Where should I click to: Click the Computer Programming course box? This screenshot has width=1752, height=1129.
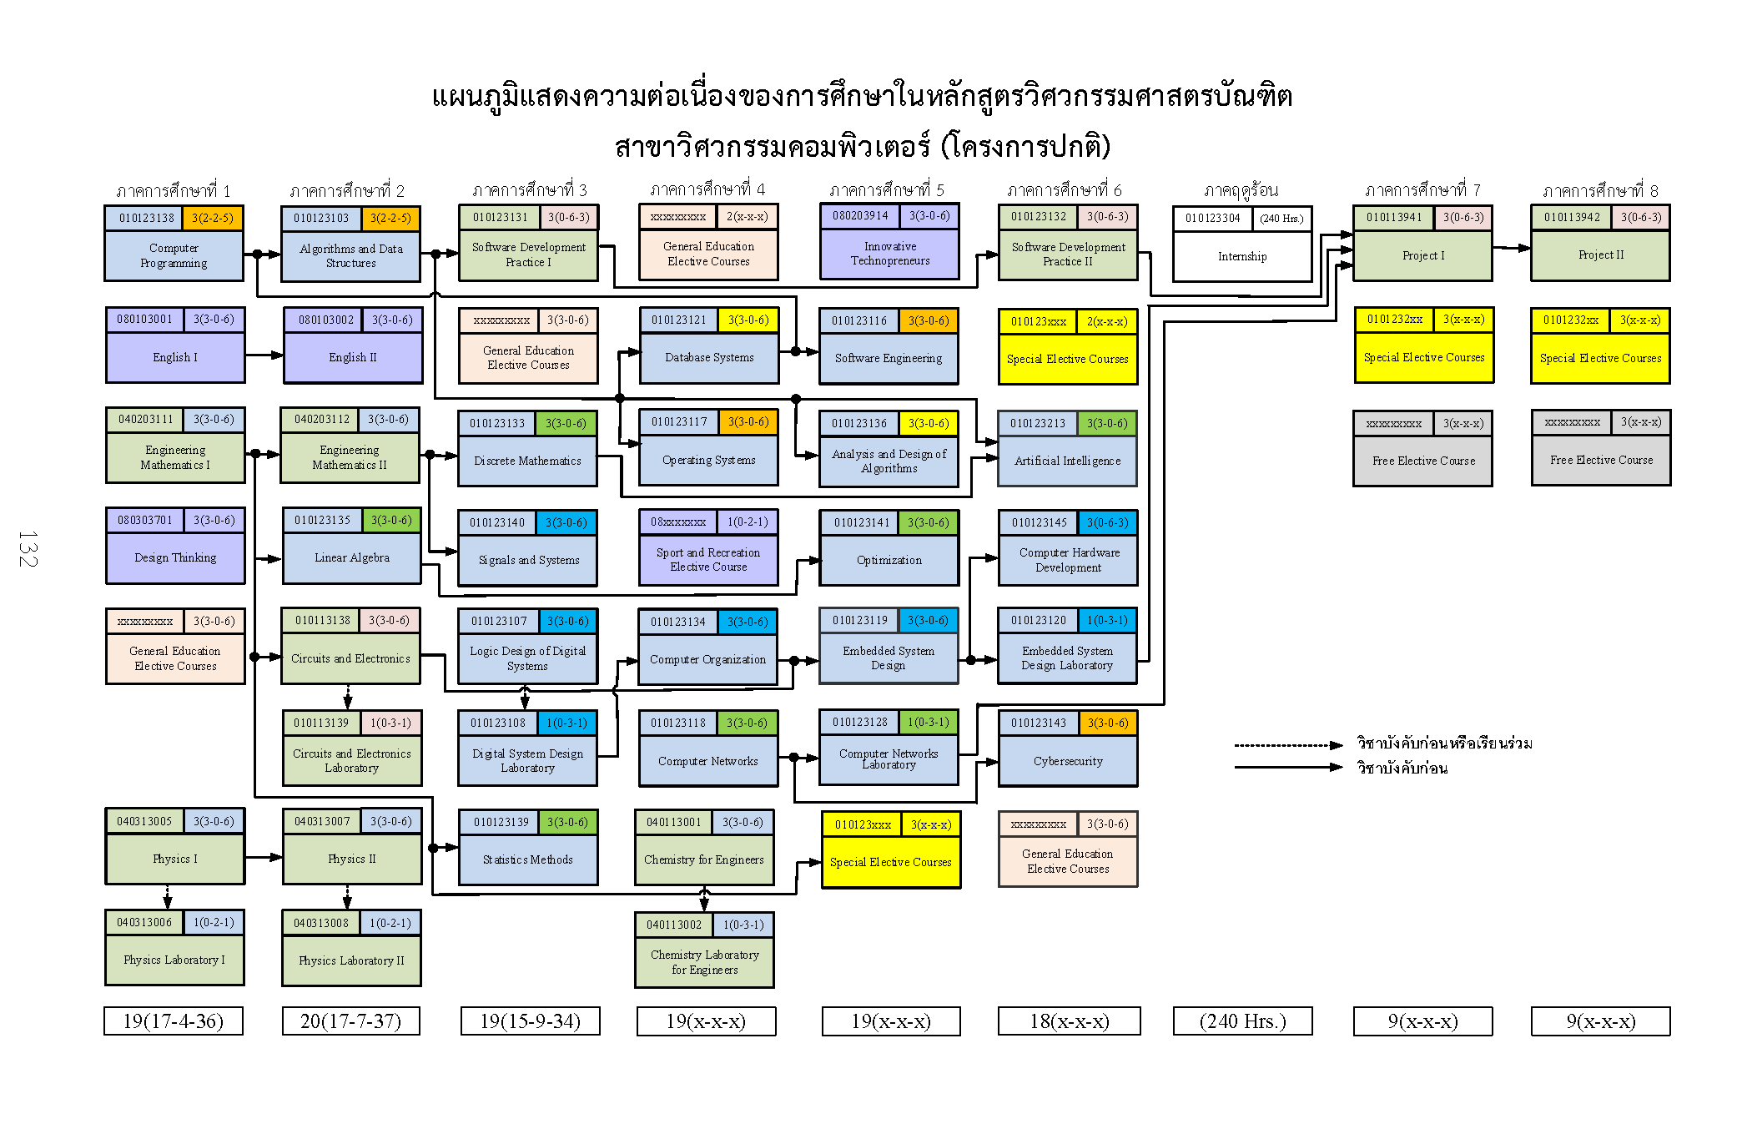(174, 255)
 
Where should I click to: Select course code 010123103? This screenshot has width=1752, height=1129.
(321, 218)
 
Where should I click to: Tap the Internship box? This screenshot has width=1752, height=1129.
(1241, 256)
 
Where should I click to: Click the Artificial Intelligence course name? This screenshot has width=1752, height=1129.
(1067, 461)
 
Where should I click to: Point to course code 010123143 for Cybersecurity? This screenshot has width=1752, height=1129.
(1038, 723)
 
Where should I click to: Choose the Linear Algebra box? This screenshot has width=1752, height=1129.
(351, 557)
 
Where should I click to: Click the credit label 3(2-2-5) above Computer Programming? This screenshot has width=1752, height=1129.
(212, 218)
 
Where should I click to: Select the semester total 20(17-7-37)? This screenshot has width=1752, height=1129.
(350, 1021)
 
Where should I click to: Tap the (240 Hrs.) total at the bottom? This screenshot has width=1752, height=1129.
(1242, 1021)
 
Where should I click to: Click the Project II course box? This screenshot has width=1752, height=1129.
(1600, 255)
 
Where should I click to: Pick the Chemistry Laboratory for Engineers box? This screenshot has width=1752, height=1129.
(704, 962)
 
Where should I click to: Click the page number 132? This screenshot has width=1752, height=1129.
(28, 548)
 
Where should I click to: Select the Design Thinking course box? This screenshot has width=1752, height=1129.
(175, 557)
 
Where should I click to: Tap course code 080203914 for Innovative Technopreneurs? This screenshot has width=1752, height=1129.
(859, 215)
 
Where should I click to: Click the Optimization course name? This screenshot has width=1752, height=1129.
(889, 560)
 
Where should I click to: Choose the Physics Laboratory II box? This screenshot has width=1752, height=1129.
(351, 960)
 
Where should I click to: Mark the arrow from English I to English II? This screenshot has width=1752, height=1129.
(264, 355)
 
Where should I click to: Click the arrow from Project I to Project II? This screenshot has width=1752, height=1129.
(1511, 248)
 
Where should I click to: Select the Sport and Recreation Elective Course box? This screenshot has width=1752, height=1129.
(707, 560)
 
